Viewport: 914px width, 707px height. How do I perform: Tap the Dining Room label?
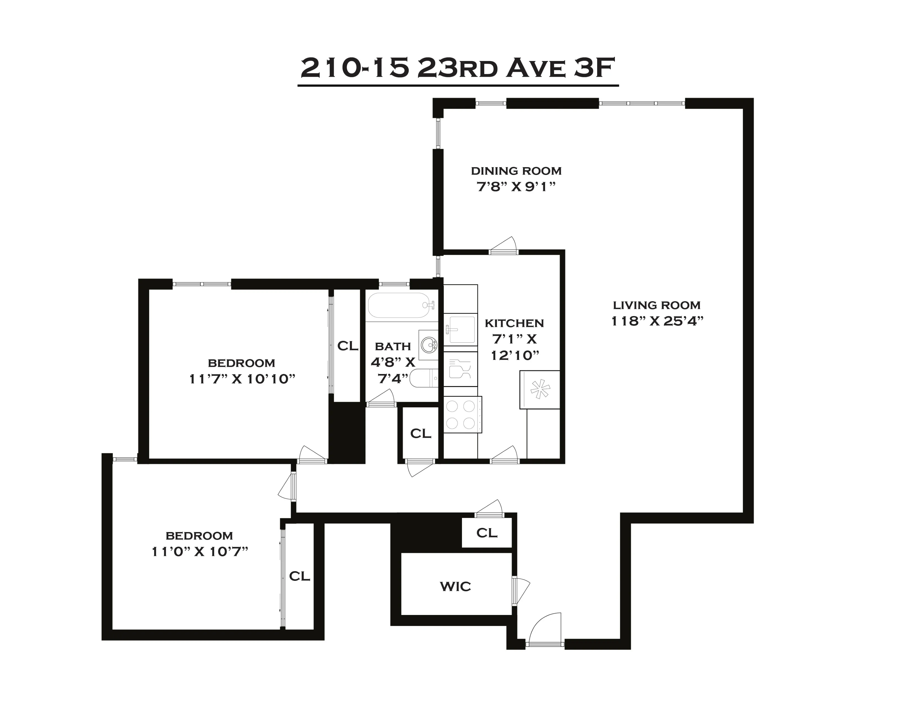516,171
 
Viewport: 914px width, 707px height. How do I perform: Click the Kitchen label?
514,323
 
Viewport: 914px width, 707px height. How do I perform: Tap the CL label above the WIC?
487,533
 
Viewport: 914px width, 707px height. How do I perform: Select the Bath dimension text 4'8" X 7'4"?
392,370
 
